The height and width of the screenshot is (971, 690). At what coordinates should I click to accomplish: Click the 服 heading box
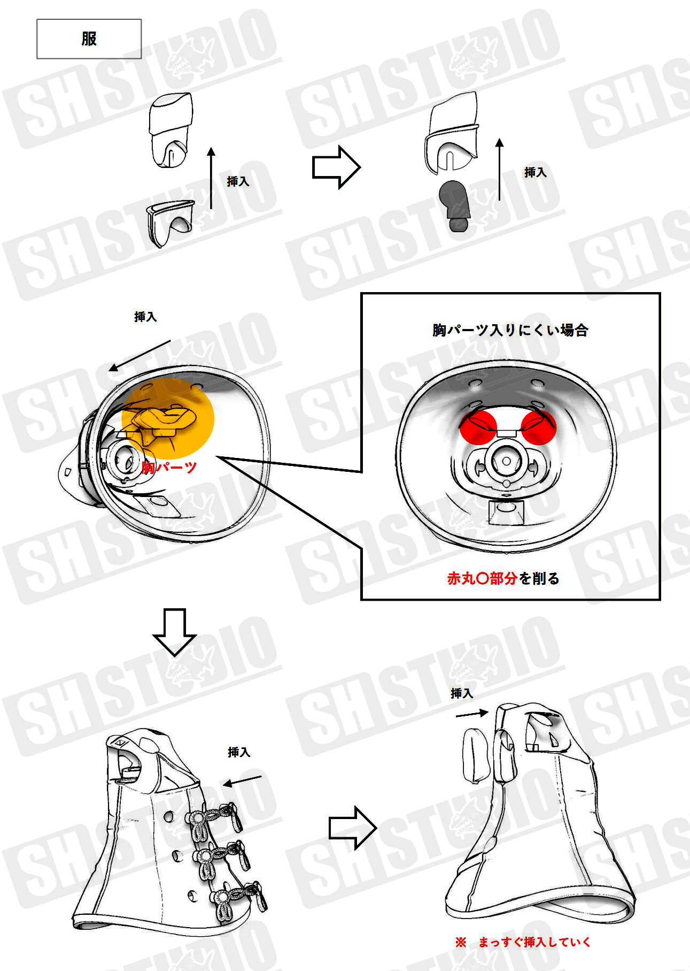pos(89,39)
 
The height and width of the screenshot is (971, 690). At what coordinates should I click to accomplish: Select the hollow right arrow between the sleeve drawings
pos(336,167)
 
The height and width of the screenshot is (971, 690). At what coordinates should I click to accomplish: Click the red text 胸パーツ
pos(169,468)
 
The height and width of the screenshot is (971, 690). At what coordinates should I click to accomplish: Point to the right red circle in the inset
pos(539,427)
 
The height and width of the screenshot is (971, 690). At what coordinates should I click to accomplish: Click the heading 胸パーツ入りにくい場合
pos(510,330)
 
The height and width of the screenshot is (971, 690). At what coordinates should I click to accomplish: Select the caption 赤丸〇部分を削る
pos(503,578)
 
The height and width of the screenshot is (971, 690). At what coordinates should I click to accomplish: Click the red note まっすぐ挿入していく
pos(522,942)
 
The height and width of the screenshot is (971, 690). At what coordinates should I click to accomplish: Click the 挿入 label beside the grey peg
pos(536,172)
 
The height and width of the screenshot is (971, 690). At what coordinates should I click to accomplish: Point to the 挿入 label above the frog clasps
pos(239,752)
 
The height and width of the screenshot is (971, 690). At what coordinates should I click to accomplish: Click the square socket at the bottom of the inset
pos(505,512)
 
